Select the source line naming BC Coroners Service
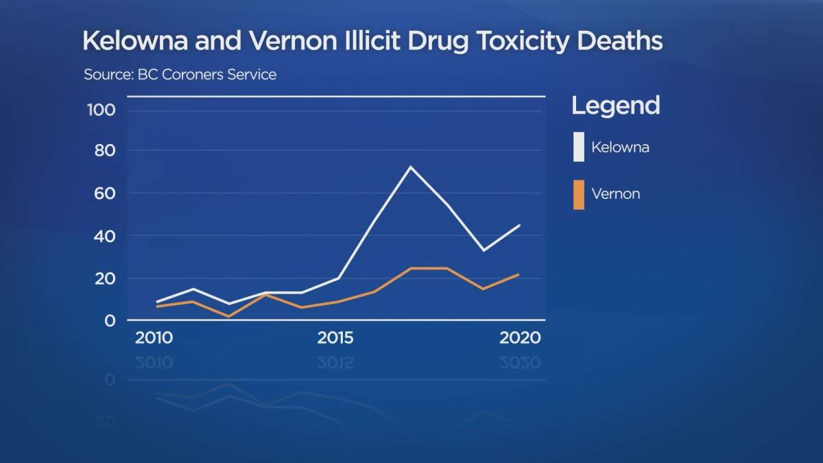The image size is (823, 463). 180,74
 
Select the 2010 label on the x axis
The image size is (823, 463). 154,338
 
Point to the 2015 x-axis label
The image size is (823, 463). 335,338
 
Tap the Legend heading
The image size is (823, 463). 615,106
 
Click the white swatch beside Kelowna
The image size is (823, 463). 579,147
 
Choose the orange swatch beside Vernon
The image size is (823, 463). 579,194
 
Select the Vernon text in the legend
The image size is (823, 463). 615,194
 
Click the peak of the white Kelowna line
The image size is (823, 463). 410,167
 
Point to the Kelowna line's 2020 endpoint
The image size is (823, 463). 520,225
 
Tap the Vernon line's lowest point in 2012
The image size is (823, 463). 228,316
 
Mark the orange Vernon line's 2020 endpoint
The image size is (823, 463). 520,274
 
